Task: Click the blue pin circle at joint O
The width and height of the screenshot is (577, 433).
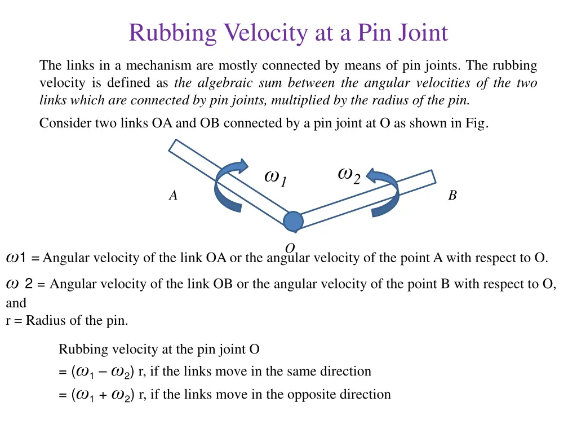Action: click(x=293, y=222)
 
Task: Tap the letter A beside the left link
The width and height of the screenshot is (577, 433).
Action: click(x=173, y=196)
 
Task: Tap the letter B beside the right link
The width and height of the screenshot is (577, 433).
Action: click(x=452, y=196)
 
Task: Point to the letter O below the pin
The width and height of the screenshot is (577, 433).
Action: click(x=290, y=248)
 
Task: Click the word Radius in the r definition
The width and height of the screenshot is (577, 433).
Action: click(x=46, y=321)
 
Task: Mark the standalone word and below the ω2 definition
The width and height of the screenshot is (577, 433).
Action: click(x=16, y=303)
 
